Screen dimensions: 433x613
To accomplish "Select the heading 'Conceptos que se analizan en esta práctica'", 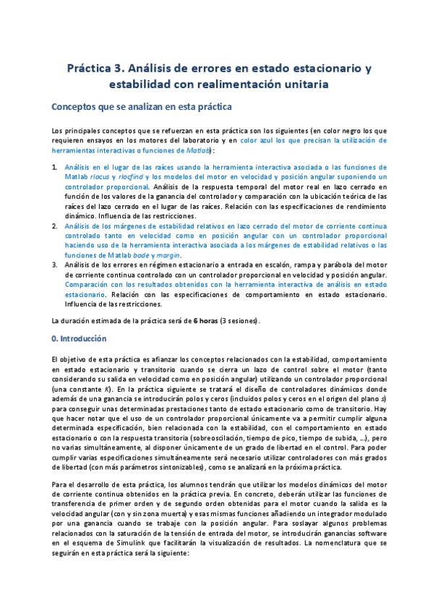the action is pos(142,107).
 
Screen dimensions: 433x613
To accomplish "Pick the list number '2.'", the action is pos(56,226).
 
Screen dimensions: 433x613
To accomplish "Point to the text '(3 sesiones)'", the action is pos(240,320).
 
